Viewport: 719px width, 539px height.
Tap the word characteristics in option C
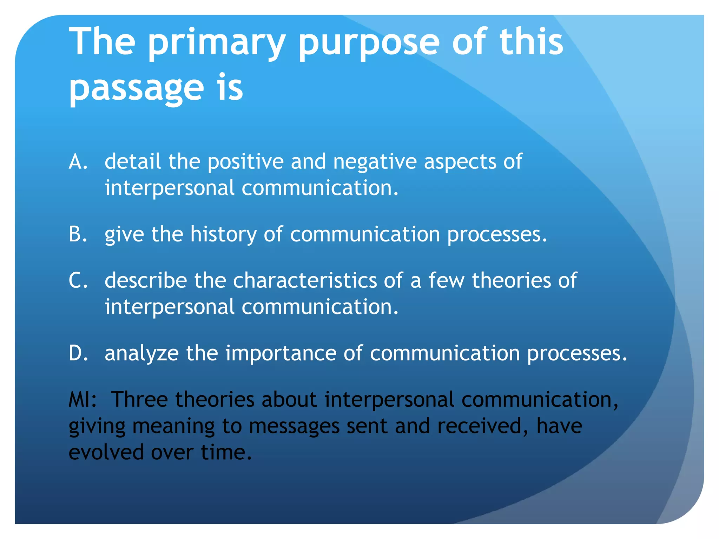click(x=304, y=281)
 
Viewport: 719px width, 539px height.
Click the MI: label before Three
click(x=83, y=400)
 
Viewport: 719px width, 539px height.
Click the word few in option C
click(x=446, y=281)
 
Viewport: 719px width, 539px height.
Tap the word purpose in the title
click(x=369, y=44)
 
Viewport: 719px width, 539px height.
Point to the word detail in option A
click(x=133, y=162)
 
